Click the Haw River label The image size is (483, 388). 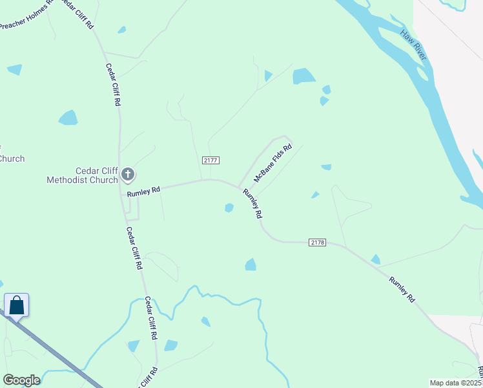[x=413, y=45]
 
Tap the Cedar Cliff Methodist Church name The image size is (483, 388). [x=82, y=175]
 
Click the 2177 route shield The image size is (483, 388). [x=211, y=160]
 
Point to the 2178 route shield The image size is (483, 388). [x=317, y=242]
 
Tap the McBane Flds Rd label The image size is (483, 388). [x=273, y=163]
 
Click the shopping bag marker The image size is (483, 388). [x=16, y=305]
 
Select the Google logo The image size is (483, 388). [x=21, y=380]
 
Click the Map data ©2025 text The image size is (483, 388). [x=456, y=383]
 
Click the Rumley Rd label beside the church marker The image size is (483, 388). [x=143, y=190]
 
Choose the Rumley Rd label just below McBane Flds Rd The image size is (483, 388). [x=252, y=202]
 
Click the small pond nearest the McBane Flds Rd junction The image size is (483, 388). [x=229, y=208]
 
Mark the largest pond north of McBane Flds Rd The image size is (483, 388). [x=303, y=76]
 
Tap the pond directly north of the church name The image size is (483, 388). [x=68, y=118]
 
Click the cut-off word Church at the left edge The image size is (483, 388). [x=12, y=159]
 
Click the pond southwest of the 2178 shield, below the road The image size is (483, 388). [x=251, y=264]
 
